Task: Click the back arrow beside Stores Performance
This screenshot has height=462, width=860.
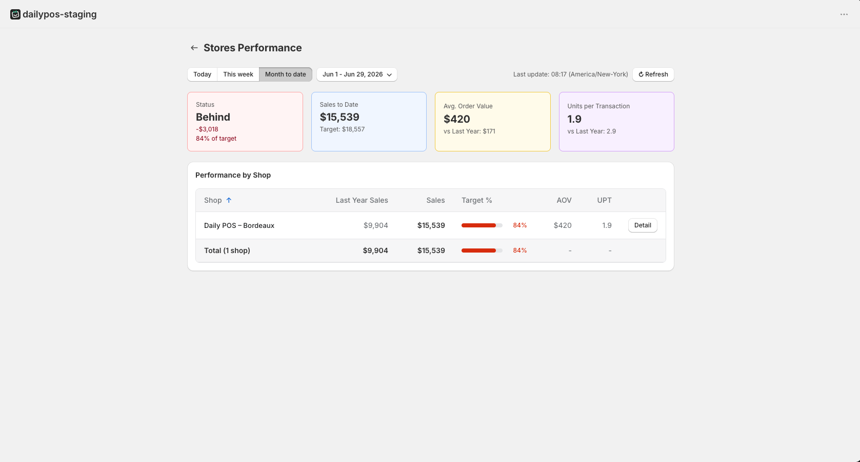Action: click(194, 48)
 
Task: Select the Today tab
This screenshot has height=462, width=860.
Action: click(203, 74)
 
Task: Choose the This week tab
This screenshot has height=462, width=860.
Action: click(238, 74)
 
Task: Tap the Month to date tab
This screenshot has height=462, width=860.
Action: click(285, 74)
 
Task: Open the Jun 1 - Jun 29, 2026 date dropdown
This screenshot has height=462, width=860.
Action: click(357, 74)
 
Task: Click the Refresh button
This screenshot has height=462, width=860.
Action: click(653, 74)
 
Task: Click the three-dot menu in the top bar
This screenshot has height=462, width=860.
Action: click(844, 14)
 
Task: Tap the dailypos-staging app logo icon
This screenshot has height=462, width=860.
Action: click(15, 14)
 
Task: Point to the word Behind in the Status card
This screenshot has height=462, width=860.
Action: click(213, 117)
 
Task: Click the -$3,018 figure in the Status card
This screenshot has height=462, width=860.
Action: click(207, 129)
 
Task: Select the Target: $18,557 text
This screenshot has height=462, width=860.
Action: click(342, 129)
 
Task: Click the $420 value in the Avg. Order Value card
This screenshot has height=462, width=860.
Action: click(457, 119)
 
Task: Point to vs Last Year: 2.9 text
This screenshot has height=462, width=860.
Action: click(592, 131)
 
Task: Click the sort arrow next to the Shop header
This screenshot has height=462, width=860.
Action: click(229, 200)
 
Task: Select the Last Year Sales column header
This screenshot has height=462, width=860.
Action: click(362, 200)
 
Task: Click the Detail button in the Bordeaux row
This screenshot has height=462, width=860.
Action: click(643, 225)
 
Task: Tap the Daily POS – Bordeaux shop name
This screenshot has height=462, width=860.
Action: click(239, 226)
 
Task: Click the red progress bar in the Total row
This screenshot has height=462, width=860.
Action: click(479, 251)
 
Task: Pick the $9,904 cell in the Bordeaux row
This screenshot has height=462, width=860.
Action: click(376, 226)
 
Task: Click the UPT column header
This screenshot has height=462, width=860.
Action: click(604, 200)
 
